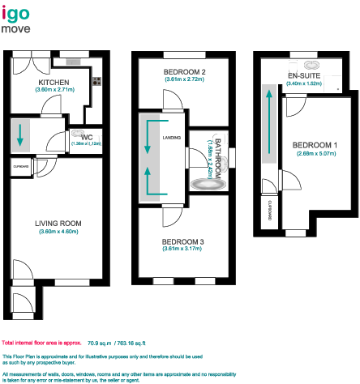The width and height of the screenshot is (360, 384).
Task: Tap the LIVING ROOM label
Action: tap(58, 223)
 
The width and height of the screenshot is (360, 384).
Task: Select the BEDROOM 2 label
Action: tap(184, 73)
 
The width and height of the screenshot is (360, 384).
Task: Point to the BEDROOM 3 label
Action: tap(183, 241)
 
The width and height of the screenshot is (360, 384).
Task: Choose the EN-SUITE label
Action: tap(304, 76)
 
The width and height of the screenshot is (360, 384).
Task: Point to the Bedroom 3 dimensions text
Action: tap(183, 250)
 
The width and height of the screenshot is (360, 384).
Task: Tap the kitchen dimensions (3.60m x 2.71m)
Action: tap(53, 90)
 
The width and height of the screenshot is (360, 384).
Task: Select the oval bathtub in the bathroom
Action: tap(208, 184)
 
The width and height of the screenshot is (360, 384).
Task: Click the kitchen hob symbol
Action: tap(96, 80)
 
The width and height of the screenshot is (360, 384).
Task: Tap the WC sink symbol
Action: tap(78, 136)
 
